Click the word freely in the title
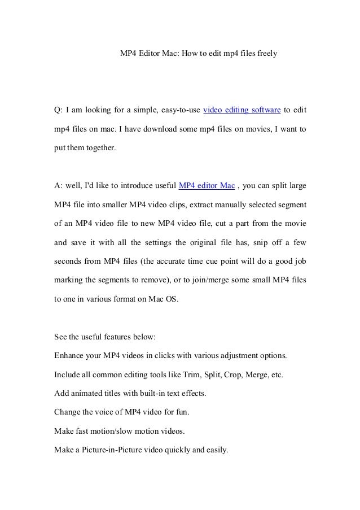pyautogui.click(x=266, y=55)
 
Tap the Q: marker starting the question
pyautogui.click(x=58, y=110)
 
